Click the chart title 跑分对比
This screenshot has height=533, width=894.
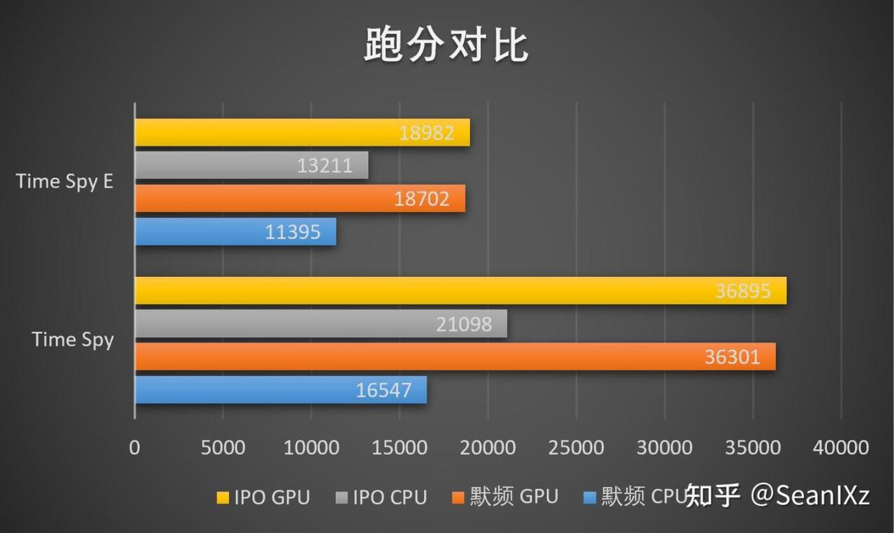pyautogui.click(x=446, y=46)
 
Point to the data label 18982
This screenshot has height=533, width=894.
pyautogui.click(x=427, y=133)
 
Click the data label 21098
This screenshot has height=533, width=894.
pyautogui.click(x=464, y=324)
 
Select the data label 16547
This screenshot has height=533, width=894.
pyautogui.click(x=383, y=390)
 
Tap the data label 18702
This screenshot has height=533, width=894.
pyautogui.click(x=422, y=199)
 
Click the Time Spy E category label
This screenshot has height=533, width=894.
pyautogui.click(x=64, y=181)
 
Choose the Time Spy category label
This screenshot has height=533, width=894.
pyautogui.click(x=73, y=340)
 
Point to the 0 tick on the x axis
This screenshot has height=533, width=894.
pyautogui.click(x=134, y=447)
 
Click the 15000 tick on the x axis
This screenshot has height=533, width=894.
pyautogui.click(x=400, y=447)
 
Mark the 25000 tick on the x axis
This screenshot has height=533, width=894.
pyautogui.click(x=576, y=447)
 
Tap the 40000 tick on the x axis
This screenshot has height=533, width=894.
pyautogui.click(x=841, y=447)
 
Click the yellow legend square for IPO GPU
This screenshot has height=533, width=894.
pyautogui.click(x=223, y=497)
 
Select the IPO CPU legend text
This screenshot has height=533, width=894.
pyautogui.click(x=390, y=497)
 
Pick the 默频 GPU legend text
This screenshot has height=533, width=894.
pyautogui.click(x=514, y=497)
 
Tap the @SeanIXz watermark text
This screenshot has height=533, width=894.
pyautogui.click(x=810, y=495)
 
